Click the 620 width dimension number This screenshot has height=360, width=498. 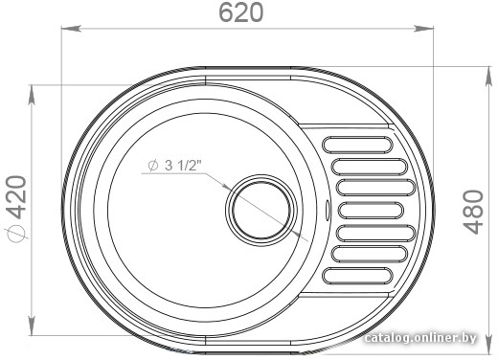click(x=241, y=12)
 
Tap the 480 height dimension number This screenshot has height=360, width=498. click(x=473, y=212)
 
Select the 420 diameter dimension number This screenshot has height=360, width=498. click(x=15, y=197)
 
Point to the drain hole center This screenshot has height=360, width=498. click(x=261, y=211)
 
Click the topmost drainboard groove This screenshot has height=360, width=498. click(x=357, y=145)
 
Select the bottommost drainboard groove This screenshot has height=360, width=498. click(x=357, y=276)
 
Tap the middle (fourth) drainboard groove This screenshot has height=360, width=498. click(x=371, y=211)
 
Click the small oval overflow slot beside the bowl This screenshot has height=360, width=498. click(x=328, y=210)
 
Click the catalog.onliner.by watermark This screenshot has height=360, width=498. click(x=420, y=338)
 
